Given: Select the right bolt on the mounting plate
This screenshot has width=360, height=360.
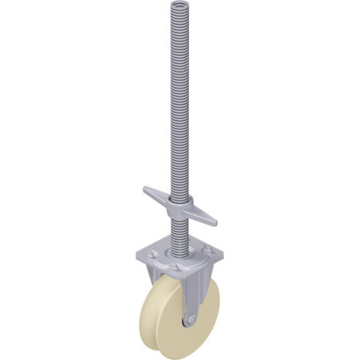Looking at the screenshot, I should (209, 256).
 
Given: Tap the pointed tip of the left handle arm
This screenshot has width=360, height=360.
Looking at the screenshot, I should (146, 190).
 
